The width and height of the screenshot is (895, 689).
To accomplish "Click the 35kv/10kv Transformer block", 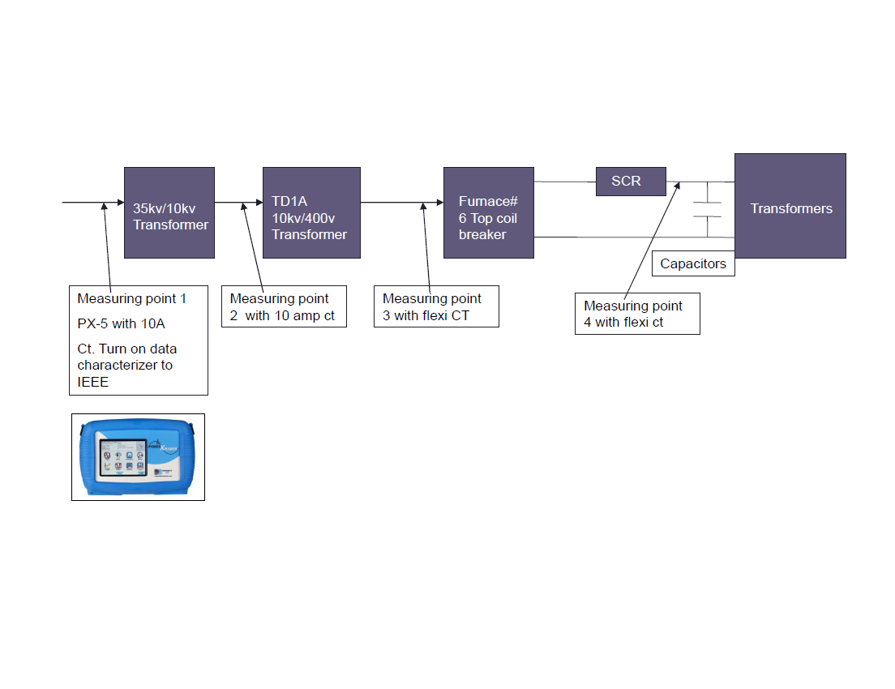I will [169, 212].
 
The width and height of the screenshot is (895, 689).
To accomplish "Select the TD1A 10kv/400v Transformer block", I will [311, 212].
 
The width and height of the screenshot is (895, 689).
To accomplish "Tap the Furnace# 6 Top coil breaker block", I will [488, 212].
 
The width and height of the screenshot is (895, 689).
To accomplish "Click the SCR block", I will [631, 181].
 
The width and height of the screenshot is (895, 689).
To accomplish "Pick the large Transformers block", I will [790, 206].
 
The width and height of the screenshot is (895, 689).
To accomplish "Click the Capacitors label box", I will [693, 264].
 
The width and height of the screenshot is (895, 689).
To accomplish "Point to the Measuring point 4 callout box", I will [637, 315].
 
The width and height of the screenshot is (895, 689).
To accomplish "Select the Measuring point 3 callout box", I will [436, 306].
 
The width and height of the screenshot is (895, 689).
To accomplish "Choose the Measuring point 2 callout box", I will [284, 306].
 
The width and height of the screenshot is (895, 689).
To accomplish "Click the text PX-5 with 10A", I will [121, 324].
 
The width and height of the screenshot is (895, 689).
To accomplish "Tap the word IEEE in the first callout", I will [93, 382].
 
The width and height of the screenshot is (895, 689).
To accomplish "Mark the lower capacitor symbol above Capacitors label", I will [707, 218].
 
